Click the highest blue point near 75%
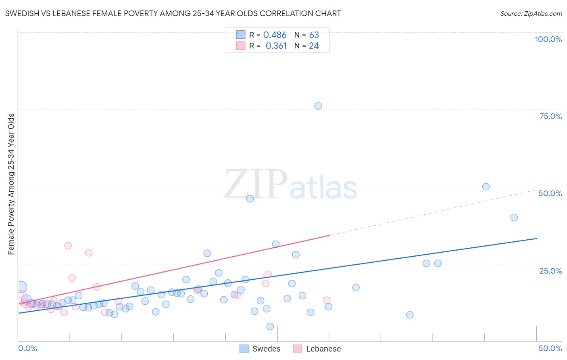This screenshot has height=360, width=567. (318, 106)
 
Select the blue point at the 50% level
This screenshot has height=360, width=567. (486, 186)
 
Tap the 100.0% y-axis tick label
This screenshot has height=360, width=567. (548, 39)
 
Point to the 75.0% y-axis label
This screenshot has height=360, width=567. (550, 116)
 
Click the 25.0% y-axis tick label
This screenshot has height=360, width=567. (550, 270)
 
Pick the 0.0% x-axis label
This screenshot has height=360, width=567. (27, 348)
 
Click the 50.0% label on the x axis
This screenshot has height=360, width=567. (550, 348)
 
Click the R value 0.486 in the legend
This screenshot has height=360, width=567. (275, 35)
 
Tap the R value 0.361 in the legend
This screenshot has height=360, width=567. (276, 46)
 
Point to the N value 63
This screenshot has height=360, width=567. (314, 35)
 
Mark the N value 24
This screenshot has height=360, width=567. (314, 46)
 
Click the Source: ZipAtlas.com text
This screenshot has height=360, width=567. (531, 13)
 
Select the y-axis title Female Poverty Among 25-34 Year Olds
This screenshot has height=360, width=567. (11, 184)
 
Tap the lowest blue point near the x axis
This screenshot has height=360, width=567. (270, 326)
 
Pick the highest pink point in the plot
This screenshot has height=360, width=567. (68, 245)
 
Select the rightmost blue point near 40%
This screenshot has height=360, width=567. (514, 217)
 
